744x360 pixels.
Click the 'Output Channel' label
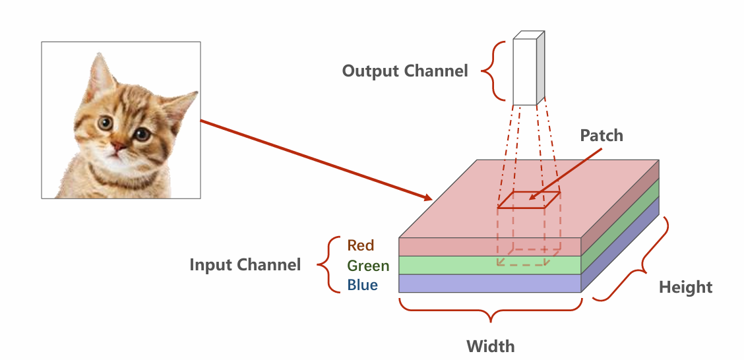pos(404,71)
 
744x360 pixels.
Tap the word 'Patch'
pos(601,136)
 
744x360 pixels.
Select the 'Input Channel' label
pos(245,265)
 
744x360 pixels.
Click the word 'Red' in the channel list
pos(361,245)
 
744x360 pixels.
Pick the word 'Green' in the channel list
pos(369,266)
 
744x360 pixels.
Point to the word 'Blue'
pos(363,285)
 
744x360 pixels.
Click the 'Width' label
pos(490,346)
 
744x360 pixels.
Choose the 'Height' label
pos(686,287)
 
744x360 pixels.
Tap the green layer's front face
pos(449,265)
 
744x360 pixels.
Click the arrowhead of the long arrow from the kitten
pos(427,197)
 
